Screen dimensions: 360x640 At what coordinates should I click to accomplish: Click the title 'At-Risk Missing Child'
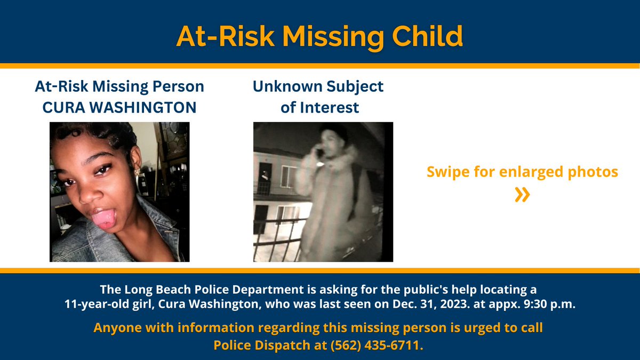[x=319, y=36]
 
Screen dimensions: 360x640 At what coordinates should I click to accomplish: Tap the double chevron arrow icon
[x=522, y=195]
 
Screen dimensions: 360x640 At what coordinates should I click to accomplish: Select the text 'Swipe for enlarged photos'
[x=522, y=172]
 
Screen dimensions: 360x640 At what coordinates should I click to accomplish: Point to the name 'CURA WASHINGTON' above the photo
[x=119, y=107]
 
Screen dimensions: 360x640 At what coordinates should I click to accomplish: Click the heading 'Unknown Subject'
[x=318, y=86]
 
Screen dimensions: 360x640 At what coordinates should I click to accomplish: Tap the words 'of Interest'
[x=319, y=107]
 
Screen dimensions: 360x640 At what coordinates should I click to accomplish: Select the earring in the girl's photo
[x=137, y=171]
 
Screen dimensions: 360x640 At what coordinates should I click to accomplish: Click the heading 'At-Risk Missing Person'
[x=119, y=86]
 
